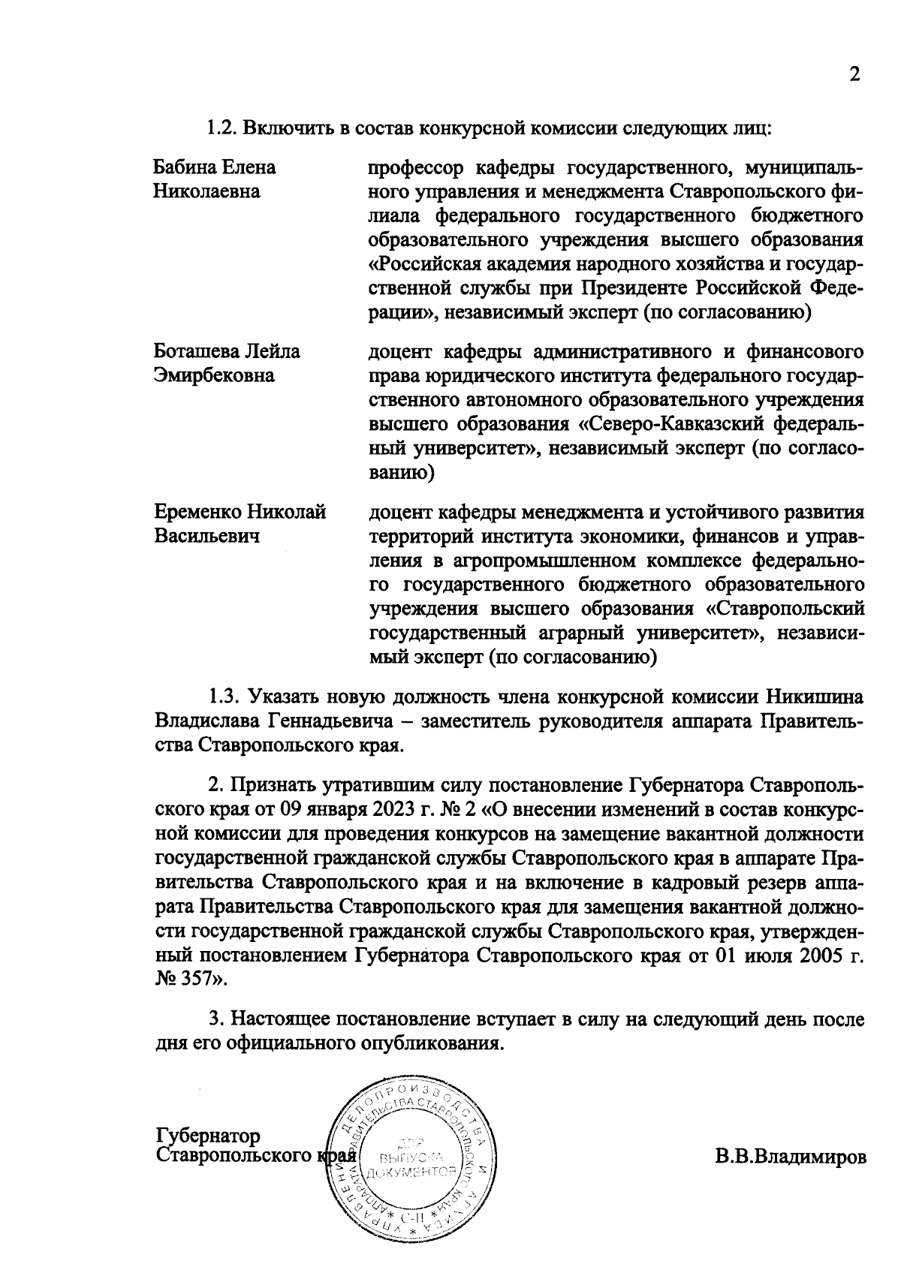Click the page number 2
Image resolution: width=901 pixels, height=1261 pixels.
coord(853,74)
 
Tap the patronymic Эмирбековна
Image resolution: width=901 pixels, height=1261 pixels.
coord(214,375)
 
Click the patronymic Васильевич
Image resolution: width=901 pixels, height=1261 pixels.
coord(206,537)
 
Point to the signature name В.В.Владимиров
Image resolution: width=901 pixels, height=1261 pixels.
coord(790,1156)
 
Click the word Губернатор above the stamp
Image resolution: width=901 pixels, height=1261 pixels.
coord(208,1134)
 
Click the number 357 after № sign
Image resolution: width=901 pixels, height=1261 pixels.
coord(197,980)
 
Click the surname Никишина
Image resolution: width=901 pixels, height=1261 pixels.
coord(815,697)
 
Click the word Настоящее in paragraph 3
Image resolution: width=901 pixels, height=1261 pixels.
coord(282,1019)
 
